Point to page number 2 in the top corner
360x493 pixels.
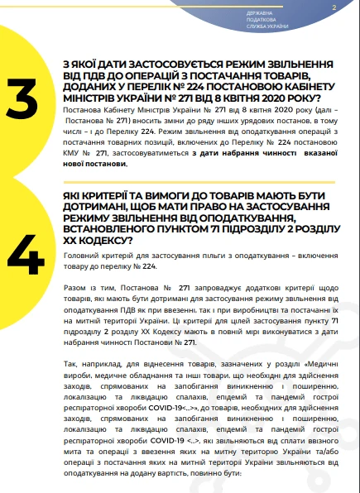pos(333,7)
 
